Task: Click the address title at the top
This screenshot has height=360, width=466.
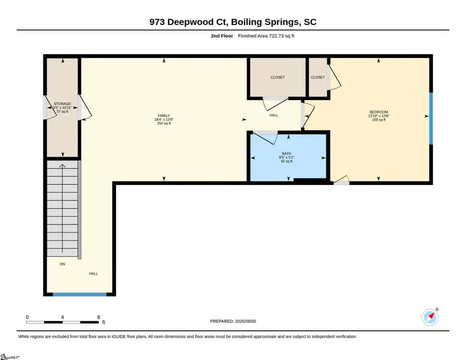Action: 233,22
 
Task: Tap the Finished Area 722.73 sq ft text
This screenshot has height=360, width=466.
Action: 266,36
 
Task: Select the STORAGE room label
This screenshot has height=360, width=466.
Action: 62,104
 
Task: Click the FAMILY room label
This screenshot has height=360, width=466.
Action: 164,115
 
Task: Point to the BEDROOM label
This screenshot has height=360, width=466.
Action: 379,112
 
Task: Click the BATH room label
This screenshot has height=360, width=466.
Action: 286,154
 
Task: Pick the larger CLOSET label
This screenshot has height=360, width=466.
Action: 278,77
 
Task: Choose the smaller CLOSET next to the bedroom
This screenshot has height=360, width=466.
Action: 318,77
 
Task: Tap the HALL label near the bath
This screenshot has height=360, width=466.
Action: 274,115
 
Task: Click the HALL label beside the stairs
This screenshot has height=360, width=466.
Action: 93,274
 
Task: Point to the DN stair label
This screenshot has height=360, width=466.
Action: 62,264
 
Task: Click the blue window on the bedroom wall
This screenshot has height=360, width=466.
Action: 431,119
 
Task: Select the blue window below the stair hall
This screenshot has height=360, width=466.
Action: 80,295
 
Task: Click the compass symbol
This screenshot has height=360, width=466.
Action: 430,317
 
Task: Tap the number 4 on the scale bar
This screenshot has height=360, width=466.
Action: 62,317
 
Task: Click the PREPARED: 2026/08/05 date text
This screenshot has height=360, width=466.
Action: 233,321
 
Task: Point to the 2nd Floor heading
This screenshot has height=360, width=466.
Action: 222,36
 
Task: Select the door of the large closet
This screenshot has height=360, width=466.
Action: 276,104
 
